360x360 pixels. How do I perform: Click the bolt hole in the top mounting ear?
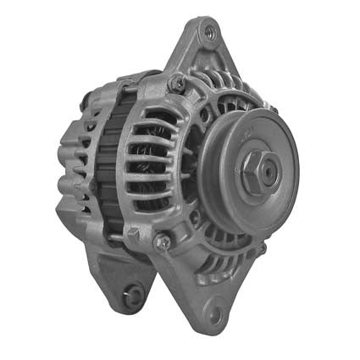pyautogui.click(x=209, y=34)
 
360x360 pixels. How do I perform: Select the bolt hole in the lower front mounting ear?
pyautogui.click(x=214, y=314)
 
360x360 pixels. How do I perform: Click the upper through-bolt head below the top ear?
pyautogui.click(x=176, y=83)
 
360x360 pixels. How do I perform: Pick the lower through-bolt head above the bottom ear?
pyautogui.click(x=162, y=242)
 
